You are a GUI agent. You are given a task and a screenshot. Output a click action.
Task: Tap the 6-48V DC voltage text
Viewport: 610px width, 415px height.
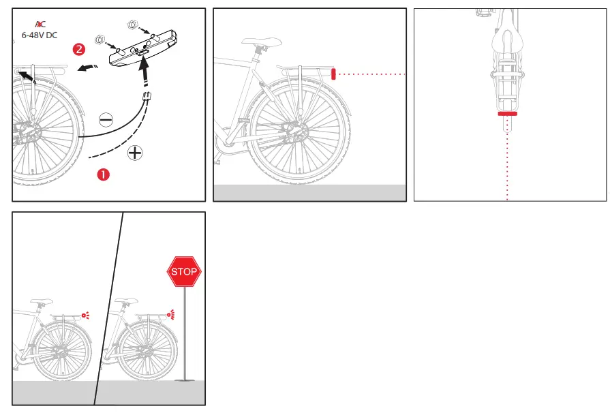point(40,35)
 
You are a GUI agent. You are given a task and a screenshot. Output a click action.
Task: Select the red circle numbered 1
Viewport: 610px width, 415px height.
point(102,174)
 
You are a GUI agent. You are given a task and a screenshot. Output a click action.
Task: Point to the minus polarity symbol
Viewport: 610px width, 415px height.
point(106,121)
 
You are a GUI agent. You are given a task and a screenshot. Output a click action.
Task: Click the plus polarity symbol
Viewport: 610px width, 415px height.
point(135,153)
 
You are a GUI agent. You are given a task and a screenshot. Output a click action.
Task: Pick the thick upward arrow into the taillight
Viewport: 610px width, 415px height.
point(144,72)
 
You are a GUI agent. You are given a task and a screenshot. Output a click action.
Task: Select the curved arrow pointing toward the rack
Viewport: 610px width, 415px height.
point(86,67)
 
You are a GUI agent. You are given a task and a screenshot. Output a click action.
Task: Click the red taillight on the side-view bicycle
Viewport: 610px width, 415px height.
point(333,74)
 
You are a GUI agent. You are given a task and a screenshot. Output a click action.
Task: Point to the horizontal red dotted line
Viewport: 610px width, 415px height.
point(371,74)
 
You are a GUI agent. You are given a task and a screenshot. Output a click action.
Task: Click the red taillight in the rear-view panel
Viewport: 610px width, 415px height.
point(508,114)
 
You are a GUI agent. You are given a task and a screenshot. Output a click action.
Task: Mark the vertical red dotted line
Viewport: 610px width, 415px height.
point(508,164)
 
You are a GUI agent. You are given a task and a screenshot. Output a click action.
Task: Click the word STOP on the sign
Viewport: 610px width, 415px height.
point(184,272)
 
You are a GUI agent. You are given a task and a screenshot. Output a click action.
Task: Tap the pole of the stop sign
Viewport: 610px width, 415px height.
point(184,334)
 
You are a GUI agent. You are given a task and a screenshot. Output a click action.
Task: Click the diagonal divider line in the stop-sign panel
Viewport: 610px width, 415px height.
point(109,307)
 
